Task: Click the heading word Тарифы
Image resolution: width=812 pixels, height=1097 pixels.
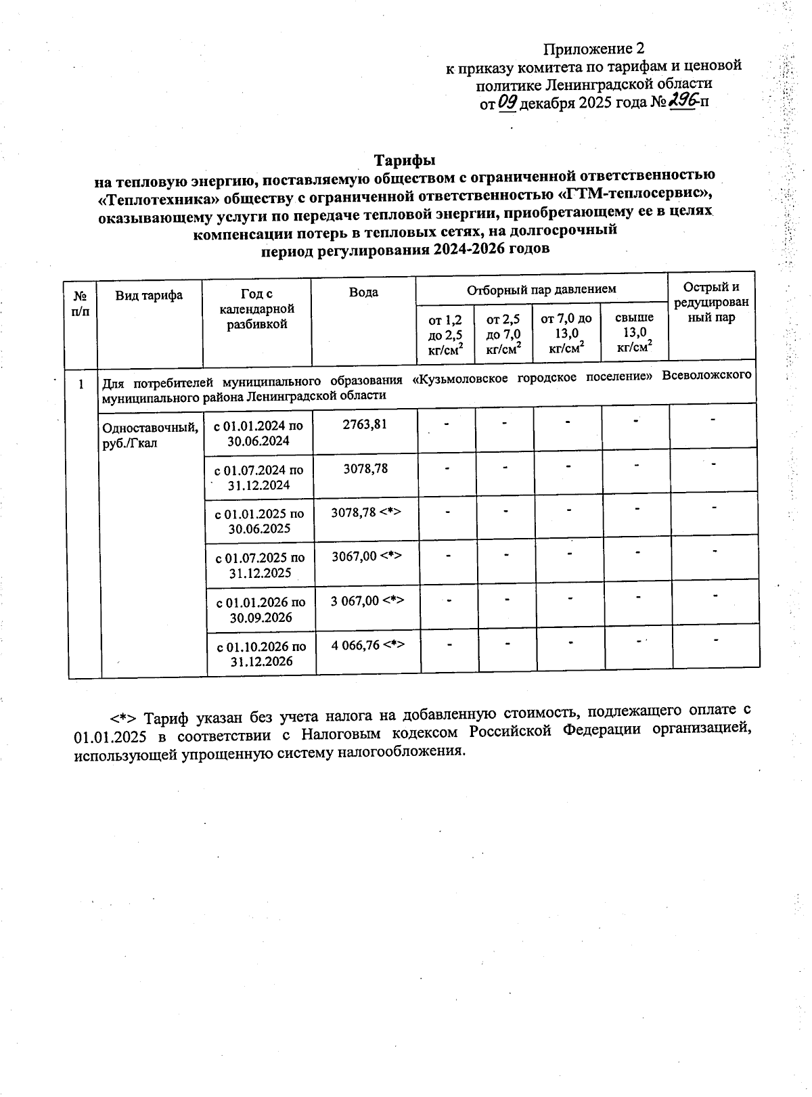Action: click(x=405, y=160)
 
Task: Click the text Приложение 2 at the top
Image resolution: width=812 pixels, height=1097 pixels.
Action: click(x=594, y=49)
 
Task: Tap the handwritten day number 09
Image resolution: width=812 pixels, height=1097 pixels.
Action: click(x=507, y=102)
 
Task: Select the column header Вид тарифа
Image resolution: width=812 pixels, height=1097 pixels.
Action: click(x=149, y=295)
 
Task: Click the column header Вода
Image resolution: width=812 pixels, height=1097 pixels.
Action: click(x=363, y=292)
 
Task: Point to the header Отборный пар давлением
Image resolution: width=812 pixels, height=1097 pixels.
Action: click(x=541, y=289)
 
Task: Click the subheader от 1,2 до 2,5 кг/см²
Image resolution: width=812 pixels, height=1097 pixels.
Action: click(x=445, y=334)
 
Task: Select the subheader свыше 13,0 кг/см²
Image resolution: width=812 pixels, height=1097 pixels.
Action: click(x=634, y=332)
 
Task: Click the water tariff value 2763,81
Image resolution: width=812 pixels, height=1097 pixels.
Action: click(x=365, y=424)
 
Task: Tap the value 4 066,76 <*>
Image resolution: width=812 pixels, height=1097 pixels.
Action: click(x=367, y=645)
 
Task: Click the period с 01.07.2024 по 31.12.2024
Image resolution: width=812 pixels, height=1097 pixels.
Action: click(x=258, y=477)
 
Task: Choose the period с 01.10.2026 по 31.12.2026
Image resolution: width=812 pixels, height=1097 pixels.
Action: click(x=261, y=654)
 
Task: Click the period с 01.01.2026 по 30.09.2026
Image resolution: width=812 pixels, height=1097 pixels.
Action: click(x=261, y=610)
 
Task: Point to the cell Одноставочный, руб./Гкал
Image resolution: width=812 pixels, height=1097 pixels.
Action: click(x=150, y=434)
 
